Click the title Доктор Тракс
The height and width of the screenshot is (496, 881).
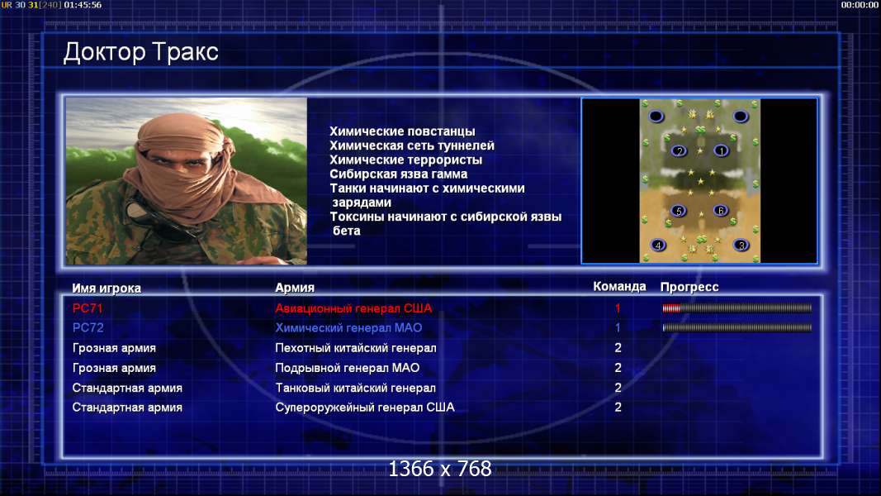click(x=140, y=52)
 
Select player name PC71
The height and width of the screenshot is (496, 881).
click(x=88, y=308)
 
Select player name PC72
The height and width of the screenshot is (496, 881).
click(x=88, y=328)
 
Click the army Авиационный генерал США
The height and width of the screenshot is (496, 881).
click(x=353, y=308)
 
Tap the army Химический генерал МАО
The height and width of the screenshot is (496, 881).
click(x=348, y=328)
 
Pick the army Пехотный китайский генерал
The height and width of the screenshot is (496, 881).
click(x=356, y=348)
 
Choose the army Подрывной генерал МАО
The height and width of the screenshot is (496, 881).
click(x=348, y=368)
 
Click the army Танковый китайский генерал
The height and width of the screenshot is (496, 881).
click(x=355, y=388)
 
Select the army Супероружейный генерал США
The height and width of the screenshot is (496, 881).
click(x=365, y=408)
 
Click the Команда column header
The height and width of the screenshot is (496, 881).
click(x=619, y=287)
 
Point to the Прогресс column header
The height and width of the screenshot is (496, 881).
click(x=689, y=287)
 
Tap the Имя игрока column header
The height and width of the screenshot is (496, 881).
click(x=107, y=288)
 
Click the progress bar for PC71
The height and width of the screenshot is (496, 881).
click(x=737, y=308)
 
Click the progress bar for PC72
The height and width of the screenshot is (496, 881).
click(x=737, y=327)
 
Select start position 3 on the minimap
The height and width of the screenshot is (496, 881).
click(x=741, y=246)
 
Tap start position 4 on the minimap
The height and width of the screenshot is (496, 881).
click(x=658, y=246)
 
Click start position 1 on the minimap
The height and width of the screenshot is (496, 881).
click(x=721, y=150)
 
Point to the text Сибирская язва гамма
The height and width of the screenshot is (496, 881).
click(x=398, y=174)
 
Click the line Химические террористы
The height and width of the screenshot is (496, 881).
click(x=405, y=160)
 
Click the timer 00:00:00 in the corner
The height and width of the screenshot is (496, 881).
click(x=860, y=5)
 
